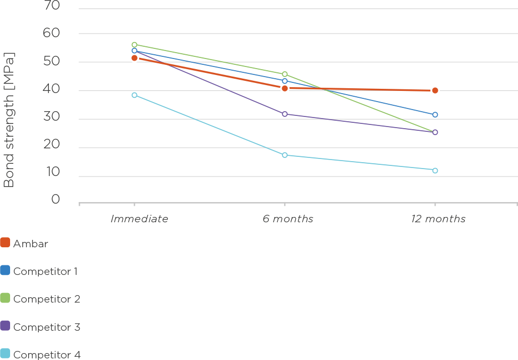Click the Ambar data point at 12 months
point(435,90)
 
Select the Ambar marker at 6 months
point(285,88)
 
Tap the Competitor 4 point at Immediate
point(134,95)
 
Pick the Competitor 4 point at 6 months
point(285,155)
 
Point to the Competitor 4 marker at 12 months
point(435,171)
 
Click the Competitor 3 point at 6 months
point(285,114)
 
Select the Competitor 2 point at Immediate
point(134,45)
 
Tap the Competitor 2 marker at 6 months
point(285,74)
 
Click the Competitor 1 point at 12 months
point(435,115)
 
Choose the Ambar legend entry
point(30,244)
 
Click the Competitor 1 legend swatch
point(5,271)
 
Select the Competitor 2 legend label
point(47,299)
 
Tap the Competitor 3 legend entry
point(47,326)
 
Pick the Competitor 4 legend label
point(47,355)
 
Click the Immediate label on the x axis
point(139,219)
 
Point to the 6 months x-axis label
point(288,219)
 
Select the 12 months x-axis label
point(438,219)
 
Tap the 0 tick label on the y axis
point(56,199)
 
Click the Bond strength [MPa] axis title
point(9,120)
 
